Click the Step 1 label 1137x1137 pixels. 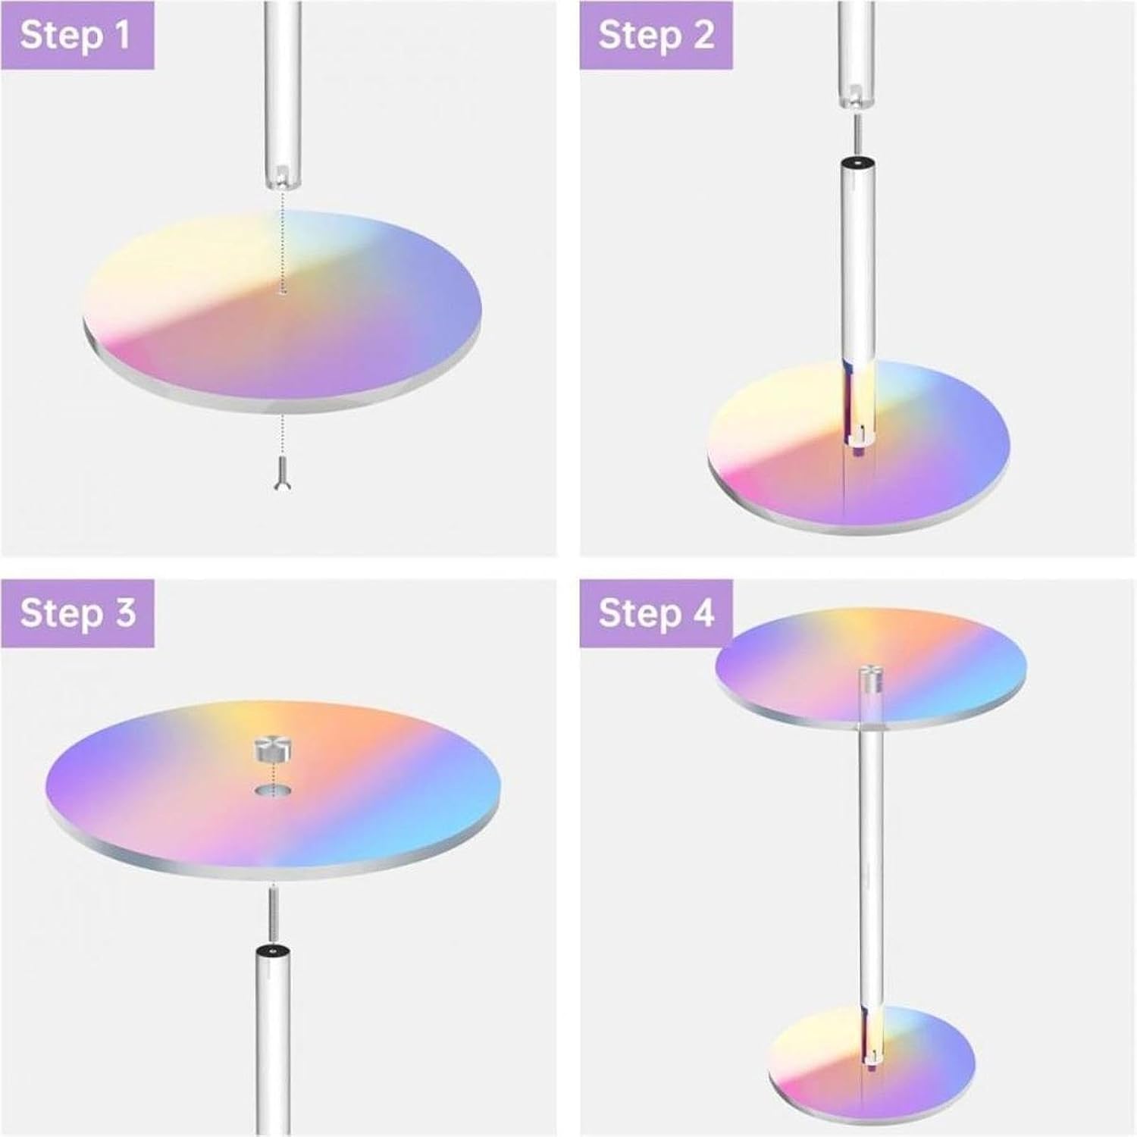76,36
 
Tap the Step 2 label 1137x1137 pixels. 656,36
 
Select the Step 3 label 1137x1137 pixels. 77,612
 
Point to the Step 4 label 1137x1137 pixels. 656,612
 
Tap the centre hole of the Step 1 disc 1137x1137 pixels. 282,290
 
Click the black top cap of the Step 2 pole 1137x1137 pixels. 857,163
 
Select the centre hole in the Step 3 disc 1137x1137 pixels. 271,791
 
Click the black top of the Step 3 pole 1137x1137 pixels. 271,952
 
